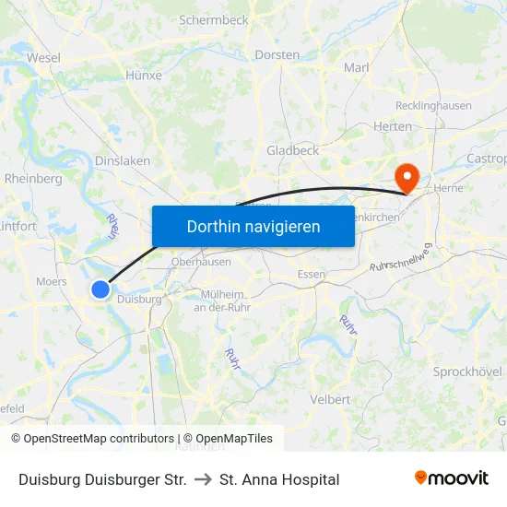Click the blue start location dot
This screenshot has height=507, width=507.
coord(100,289)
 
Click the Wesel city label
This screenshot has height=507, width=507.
coord(43,57)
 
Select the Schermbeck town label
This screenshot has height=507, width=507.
coord(213,19)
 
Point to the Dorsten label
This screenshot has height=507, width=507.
coord(277,54)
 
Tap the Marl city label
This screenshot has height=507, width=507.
coord(356,67)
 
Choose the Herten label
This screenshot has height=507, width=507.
coord(394,126)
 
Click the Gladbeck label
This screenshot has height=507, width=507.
coord(292,149)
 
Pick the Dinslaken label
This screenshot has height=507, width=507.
coord(123,160)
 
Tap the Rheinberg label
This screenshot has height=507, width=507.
coord(33,178)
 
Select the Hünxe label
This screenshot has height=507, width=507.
coord(143,76)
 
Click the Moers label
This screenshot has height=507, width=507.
coord(51,281)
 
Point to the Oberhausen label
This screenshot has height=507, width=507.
coord(201,262)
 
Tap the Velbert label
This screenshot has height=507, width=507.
coord(330,399)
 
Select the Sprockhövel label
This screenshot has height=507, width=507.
coord(467,371)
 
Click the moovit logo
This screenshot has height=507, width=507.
coord(452,478)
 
